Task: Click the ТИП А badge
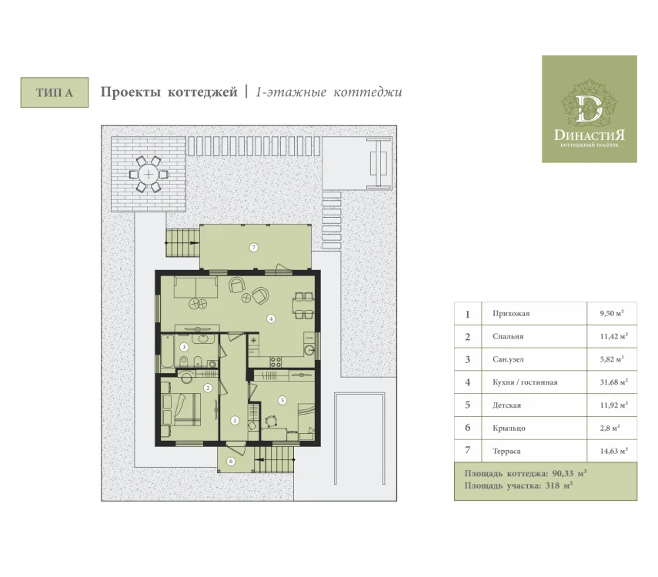55,92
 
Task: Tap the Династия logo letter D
589,109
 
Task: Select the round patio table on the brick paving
148,174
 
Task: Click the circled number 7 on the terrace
253,248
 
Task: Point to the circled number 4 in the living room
271,319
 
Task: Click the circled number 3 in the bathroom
184,347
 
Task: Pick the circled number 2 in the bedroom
208,389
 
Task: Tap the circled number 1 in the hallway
235,420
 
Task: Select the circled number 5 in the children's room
282,400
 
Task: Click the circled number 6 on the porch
231,462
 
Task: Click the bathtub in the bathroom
168,352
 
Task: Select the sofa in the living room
196,287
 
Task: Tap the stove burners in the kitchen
276,362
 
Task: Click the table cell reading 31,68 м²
614,382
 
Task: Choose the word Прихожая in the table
511,313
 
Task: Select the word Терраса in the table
506,451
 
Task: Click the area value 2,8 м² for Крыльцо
610,428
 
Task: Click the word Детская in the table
507,405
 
